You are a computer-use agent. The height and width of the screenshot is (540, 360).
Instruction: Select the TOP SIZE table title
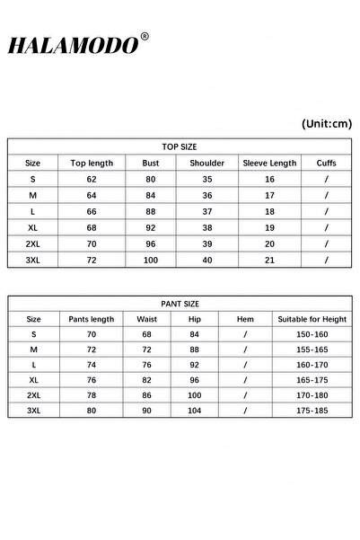click(180, 146)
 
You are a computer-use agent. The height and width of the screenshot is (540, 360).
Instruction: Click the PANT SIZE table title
click(180, 303)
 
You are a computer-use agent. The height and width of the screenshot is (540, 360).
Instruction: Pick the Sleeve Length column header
click(269, 164)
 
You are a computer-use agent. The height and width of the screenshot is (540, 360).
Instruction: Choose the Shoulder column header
click(207, 164)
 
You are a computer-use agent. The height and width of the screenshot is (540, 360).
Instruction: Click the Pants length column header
click(91, 319)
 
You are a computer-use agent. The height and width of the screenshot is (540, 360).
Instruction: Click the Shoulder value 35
click(207, 179)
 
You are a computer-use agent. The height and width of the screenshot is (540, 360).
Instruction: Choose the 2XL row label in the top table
click(33, 243)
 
